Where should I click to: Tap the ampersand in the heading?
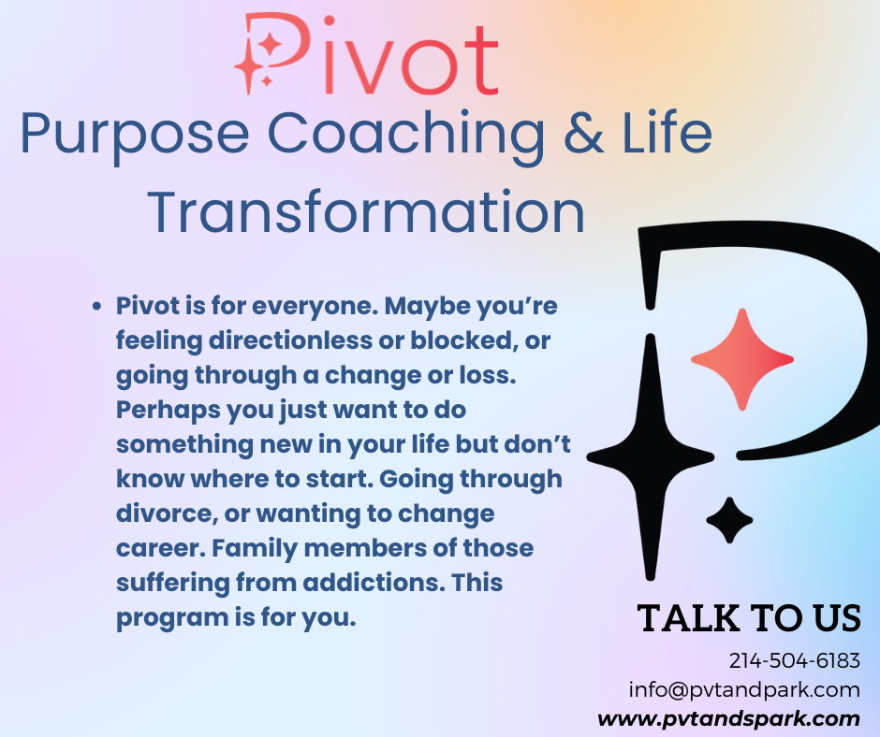point(584,135)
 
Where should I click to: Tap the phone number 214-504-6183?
point(794,660)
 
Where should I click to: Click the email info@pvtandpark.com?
point(743,690)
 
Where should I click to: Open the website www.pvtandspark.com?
point(728,719)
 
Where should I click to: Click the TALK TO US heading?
point(748,618)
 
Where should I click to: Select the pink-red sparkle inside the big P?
point(741,359)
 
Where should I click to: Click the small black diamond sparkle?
point(729,521)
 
